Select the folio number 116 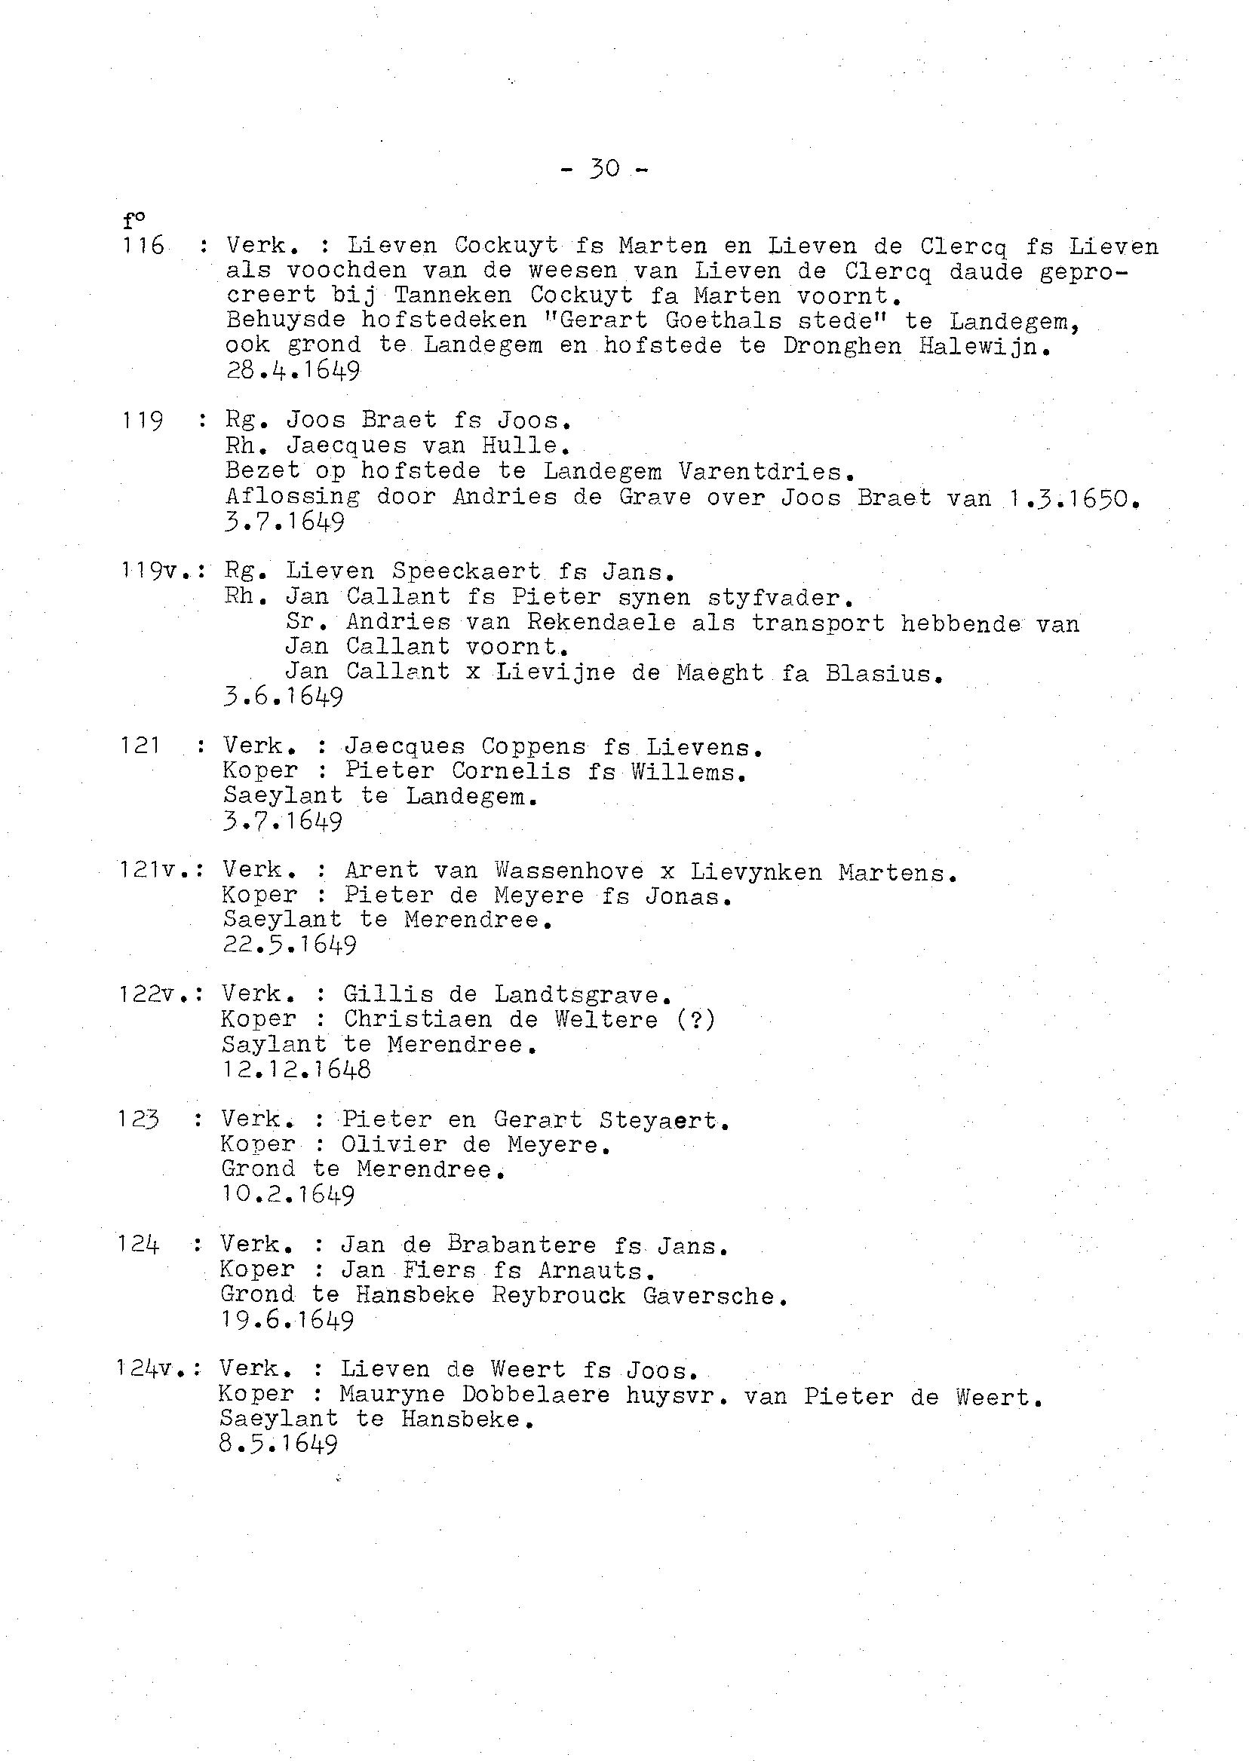click(x=144, y=246)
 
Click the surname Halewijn click(x=984, y=346)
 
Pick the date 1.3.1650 click(x=1070, y=499)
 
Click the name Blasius click(x=884, y=673)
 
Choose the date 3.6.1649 click(x=283, y=697)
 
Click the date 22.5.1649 click(x=290, y=945)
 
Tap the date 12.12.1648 click(x=296, y=1070)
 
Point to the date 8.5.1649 click(x=278, y=1446)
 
